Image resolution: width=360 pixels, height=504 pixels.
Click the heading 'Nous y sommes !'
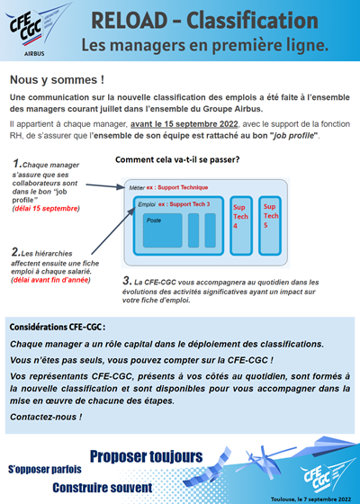(x=57, y=79)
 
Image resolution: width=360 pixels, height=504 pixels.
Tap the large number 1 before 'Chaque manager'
(x=17, y=165)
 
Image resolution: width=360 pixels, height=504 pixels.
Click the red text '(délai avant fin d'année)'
(x=51, y=280)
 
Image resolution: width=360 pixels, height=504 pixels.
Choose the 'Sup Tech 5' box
(x=270, y=218)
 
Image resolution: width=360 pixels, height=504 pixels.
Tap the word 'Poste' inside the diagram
(x=154, y=220)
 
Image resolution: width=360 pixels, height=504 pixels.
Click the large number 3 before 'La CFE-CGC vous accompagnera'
(x=127, y=280)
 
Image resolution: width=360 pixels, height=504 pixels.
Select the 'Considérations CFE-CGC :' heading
(x=58, y=328)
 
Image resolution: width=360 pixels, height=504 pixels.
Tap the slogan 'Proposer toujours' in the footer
(x=146, y=456)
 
